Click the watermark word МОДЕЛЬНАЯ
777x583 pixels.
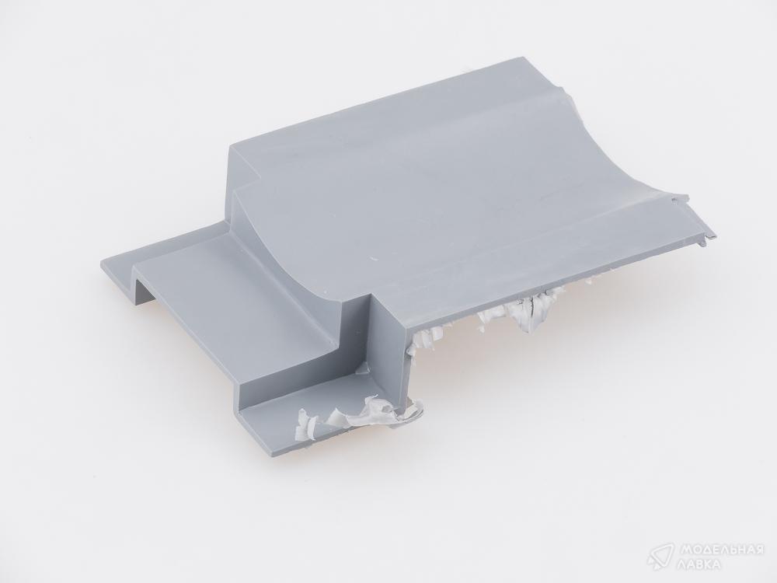pyautogui.click(x=721, y=550)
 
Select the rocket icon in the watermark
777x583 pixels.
pyautogui.click(x=661, y=557)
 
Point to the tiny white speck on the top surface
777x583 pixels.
pyautogui.click(x=373, y=259)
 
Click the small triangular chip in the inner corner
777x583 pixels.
pyautogui.click(x=364, y=368)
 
